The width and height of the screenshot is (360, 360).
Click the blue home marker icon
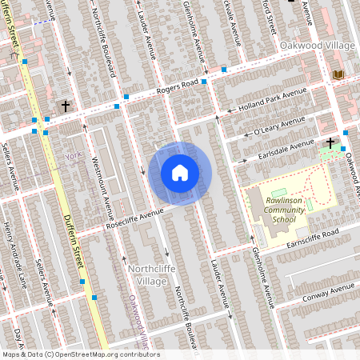180,173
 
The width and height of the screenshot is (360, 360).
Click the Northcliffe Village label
147,276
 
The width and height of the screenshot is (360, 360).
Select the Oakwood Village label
318,46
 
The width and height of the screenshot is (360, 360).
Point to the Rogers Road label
177,88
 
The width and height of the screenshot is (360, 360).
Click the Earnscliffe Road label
326,234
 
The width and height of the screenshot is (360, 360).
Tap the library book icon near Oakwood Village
338,74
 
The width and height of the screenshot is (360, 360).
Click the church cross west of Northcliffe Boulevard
65,106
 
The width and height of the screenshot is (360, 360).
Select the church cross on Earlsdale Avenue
330,142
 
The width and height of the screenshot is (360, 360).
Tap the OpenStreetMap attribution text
80,354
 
